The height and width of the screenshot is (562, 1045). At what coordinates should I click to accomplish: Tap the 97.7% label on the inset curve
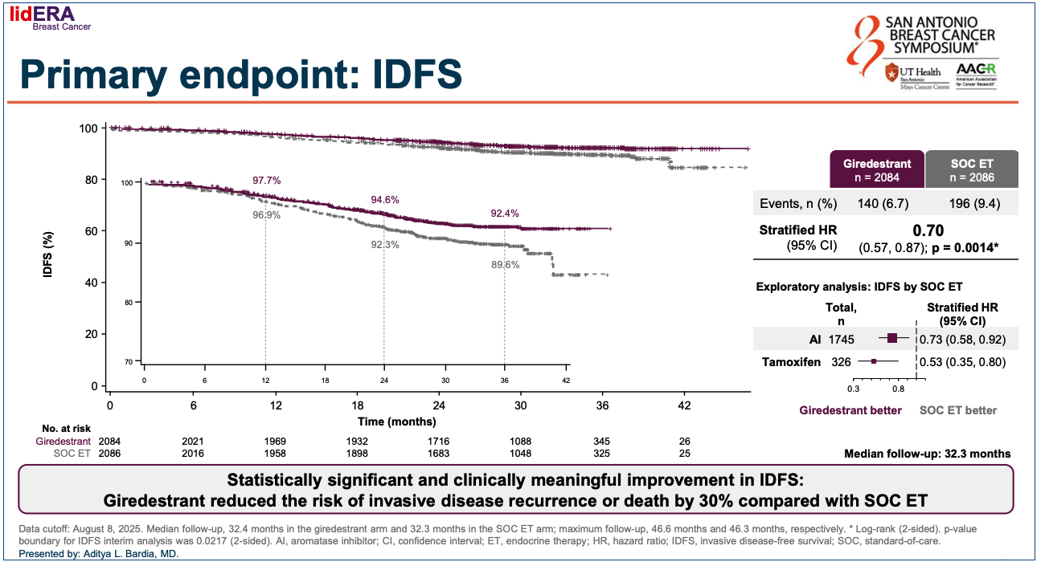coord(267,181)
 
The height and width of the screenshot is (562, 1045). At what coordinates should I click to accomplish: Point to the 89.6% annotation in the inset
coord(506,264)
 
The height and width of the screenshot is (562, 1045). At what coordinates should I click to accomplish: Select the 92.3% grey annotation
coord(385,245)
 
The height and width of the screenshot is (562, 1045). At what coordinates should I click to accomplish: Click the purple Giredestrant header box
coord(877,169)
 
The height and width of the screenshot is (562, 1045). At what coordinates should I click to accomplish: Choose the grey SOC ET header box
coord(971,169)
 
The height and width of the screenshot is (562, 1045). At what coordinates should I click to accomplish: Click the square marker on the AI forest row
coord(892,340)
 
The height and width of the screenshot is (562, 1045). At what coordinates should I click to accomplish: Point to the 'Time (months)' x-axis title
coord(397,421)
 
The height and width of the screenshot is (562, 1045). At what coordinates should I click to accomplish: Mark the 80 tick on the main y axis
coord(91,180)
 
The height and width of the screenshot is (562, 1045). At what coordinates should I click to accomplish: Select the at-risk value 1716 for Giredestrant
coord(439,442)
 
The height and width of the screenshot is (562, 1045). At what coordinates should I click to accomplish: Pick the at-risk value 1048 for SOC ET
coord(521,454)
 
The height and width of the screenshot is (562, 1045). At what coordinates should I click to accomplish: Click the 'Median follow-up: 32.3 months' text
coord(928,454)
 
